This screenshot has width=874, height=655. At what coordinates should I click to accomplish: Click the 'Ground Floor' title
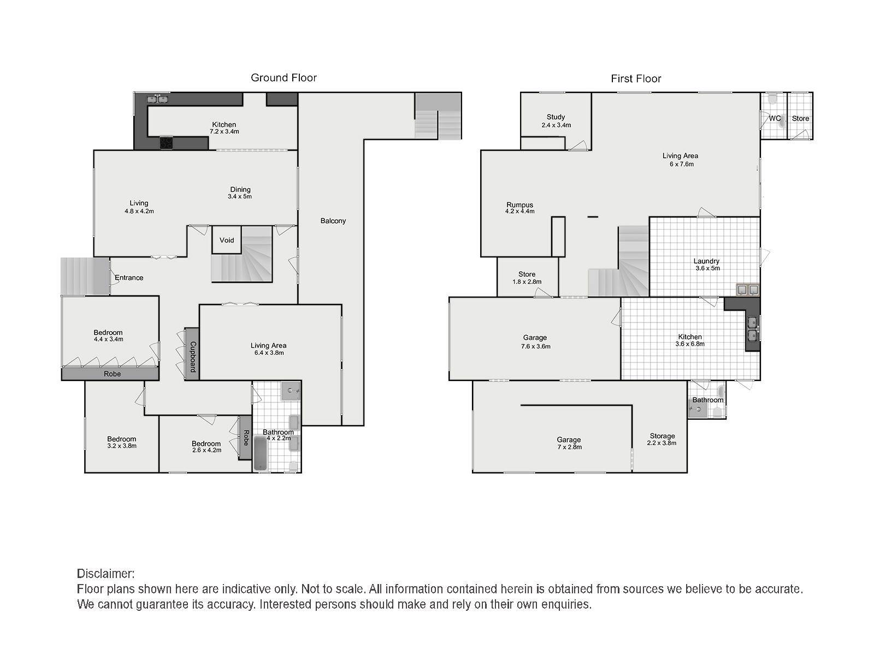click(x=284, y=78)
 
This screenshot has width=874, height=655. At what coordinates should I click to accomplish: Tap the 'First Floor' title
click(x=636, y=79)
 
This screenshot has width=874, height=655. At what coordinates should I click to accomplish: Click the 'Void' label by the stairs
click(x=227, y=240)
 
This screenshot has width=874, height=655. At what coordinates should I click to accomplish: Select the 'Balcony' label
click(x=333, y=221)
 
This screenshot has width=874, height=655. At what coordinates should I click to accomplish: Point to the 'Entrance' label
click(x=129, y=278)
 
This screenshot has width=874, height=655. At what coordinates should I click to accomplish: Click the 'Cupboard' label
click(x=193, y=357)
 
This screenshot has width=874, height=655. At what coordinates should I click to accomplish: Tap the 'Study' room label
click(x=556, y=117)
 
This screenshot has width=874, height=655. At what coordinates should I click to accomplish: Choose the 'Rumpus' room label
click(x=519, y=205)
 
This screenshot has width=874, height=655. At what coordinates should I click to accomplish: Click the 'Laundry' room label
click(x=706, y=261)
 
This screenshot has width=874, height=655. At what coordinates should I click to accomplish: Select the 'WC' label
click(x=775, y=118)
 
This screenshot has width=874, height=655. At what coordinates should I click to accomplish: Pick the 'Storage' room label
click(x=662, y=436)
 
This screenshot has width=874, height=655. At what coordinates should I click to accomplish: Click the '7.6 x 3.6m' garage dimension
click(x=535, y=347)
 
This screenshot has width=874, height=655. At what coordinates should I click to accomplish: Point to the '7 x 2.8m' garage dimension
click(x=569, y=447)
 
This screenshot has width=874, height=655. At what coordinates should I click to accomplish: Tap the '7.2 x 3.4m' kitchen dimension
click(x=224, y=132)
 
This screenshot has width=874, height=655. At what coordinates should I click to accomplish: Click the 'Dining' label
click(x=240, y=190)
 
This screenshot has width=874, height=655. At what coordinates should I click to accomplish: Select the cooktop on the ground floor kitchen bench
click(x=167, y=142)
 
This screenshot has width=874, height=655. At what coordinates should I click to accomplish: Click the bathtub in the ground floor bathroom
click(x=262, y=454)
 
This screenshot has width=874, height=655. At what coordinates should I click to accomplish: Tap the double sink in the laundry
click(x=747, y=290)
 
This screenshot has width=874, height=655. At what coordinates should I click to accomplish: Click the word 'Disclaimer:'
click(x=105, y=574)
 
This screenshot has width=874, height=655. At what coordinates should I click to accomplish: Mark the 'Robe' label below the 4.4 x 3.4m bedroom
click(x=112, y=374)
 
